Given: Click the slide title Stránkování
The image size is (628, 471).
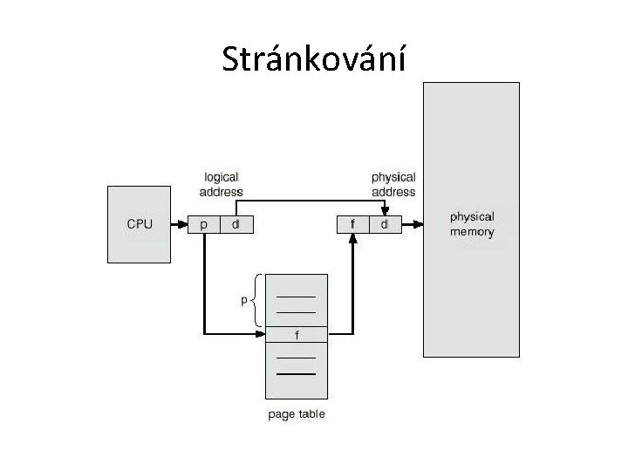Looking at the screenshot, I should click(x=313, y=59).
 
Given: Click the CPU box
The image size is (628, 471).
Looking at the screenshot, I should click(x=140, y=224).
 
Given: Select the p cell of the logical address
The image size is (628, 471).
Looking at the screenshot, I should click(x=204, y=225).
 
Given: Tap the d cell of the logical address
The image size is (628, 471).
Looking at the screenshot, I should click(x=235, y=225).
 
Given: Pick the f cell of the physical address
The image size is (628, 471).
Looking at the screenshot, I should click(x=352, y=225).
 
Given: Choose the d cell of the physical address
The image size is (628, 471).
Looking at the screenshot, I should click(x=384, y=225).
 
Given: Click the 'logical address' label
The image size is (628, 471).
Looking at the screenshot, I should click(x=221, y=185).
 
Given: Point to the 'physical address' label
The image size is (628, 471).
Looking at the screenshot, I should click(x=393, y=185).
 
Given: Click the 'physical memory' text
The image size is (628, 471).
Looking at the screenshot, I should click(x=471, y=224).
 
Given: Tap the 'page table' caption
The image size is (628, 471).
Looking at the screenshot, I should click(x=296, y=413).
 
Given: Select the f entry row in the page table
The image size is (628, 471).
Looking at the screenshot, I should click(x=297, y=334).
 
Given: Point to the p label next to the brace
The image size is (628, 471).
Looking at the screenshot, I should click(x=244, y=301).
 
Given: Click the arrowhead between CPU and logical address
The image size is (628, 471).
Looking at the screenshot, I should click(x=183, y=225).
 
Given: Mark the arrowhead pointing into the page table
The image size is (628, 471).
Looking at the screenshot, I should click(x=261, y=332).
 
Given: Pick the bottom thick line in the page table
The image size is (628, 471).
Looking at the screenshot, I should click(x=297, y=373).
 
